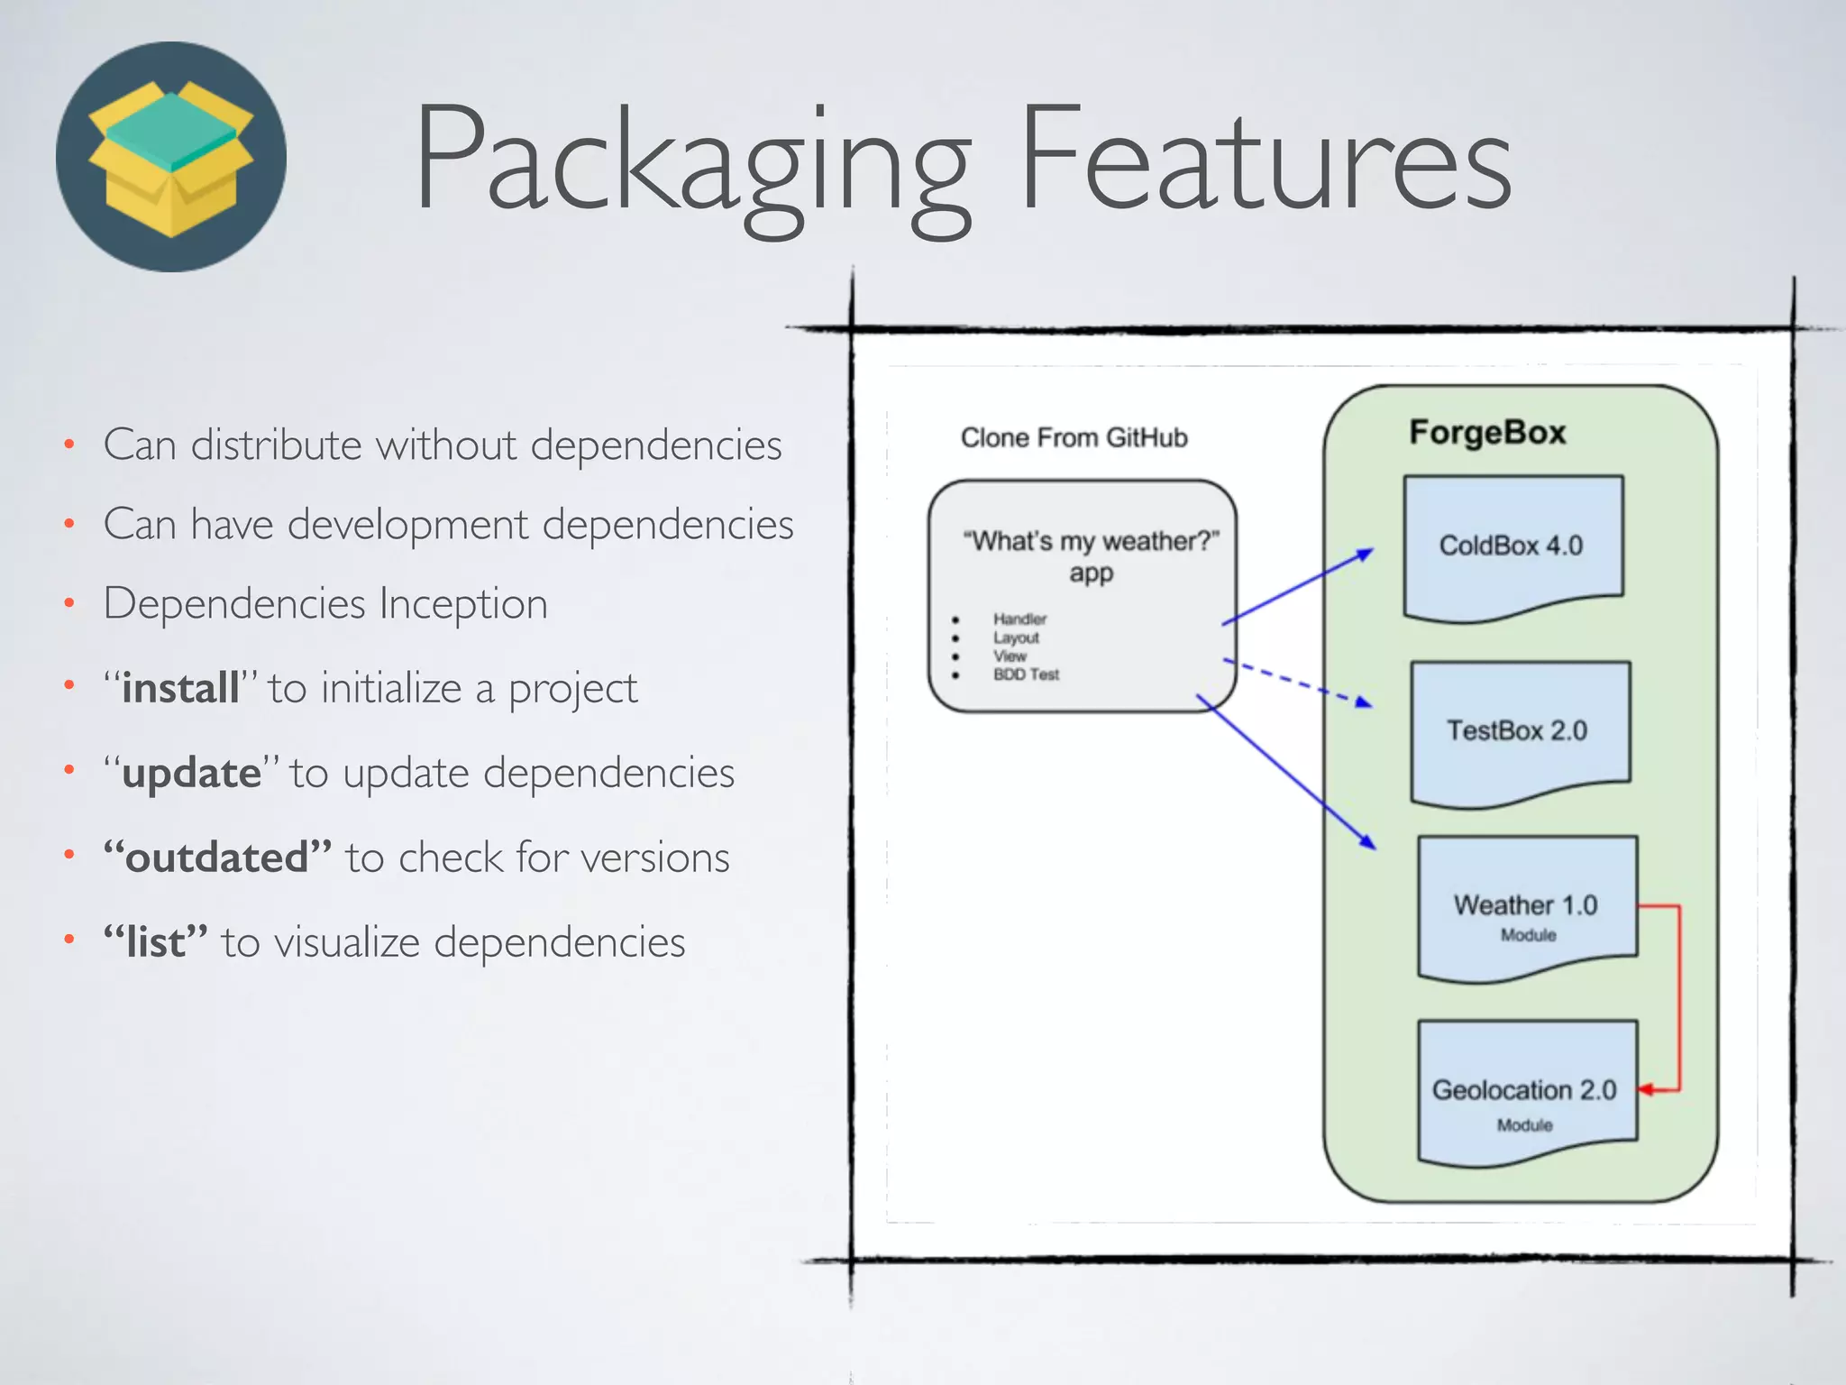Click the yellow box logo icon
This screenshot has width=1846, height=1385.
pos(171,157)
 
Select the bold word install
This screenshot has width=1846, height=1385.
pos(181,689)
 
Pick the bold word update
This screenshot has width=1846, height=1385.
pos(192,774)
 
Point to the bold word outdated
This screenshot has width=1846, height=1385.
pos(217,858)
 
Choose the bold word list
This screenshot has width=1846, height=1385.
pos(156,942)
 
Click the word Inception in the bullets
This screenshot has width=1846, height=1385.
pos(463,604)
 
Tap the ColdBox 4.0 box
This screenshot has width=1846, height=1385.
pos(1512,546)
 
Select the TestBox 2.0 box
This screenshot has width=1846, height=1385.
pos(1518,730)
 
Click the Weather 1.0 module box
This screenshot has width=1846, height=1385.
pos(1526,906)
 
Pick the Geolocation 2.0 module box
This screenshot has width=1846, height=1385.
pos(1525,1091)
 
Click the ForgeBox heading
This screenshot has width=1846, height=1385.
pos(1488,433)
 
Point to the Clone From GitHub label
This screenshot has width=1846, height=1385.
pos(1074,438)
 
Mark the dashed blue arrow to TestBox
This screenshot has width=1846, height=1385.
pos(1298,683)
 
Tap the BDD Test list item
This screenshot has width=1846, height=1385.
pos(1026,674)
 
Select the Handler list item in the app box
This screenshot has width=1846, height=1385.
pos(1019,619)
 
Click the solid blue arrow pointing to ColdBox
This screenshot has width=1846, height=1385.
pos(1298,587)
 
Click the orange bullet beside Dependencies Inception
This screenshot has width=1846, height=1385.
pos(69,604)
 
